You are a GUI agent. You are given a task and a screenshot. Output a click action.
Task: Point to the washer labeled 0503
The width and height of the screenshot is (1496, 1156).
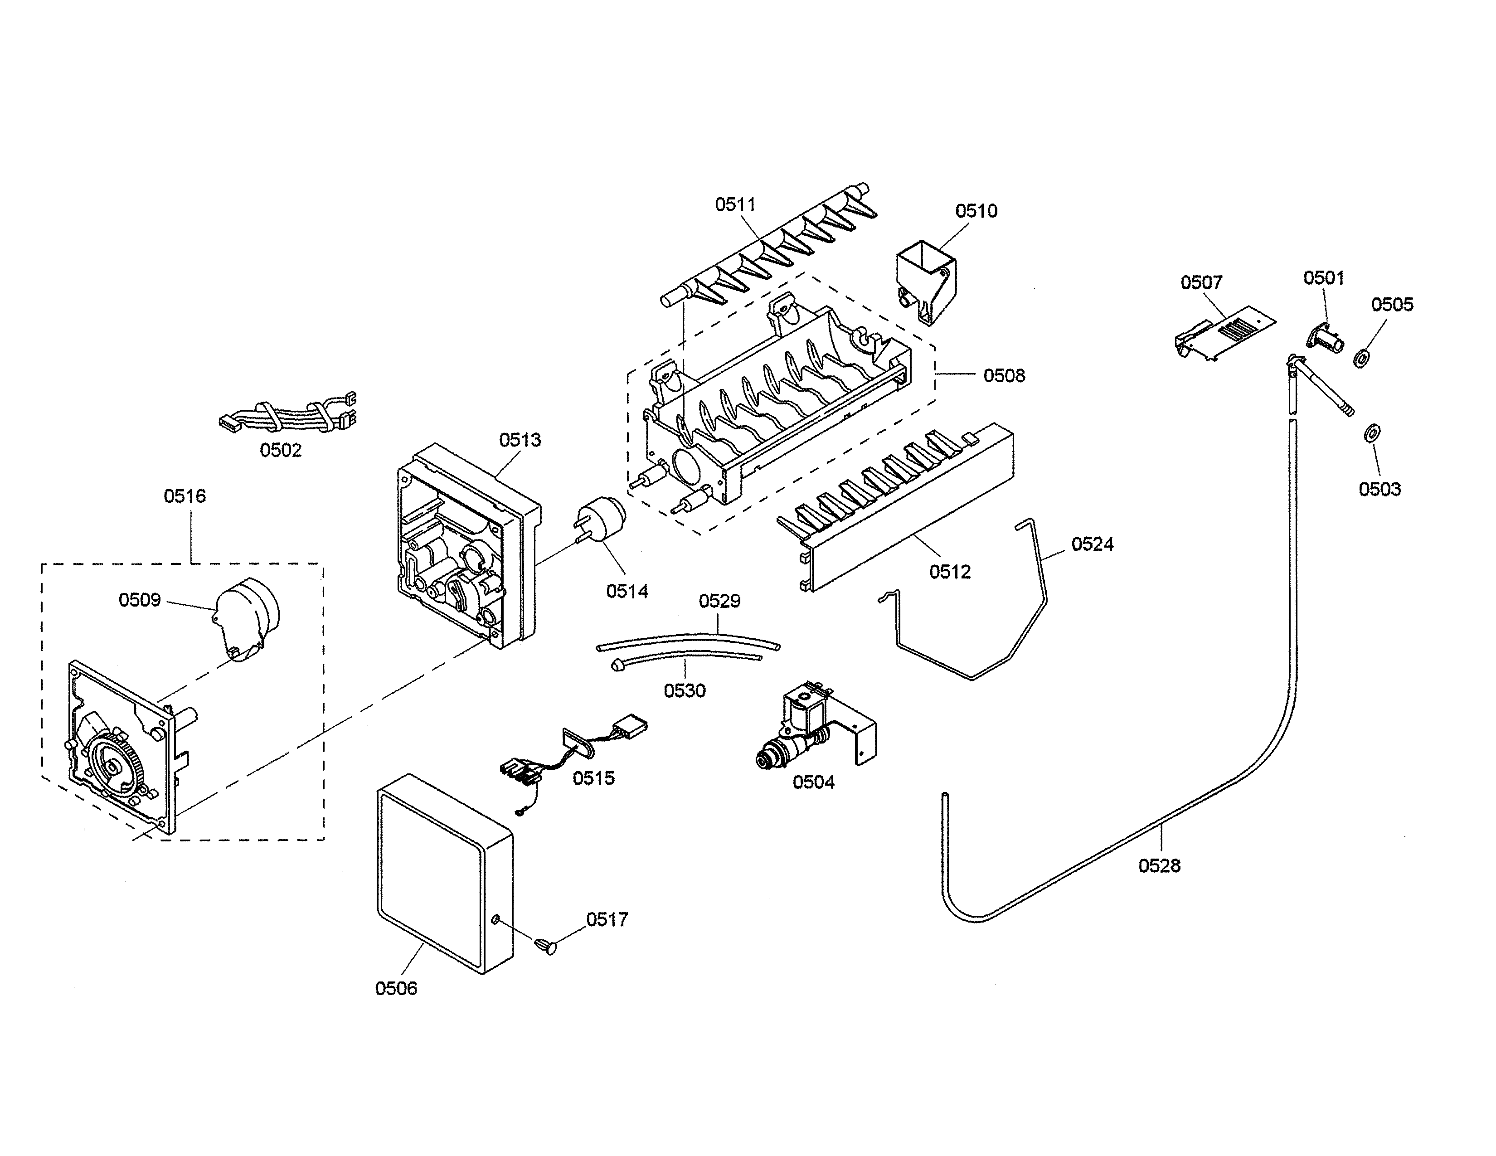point(1372,433)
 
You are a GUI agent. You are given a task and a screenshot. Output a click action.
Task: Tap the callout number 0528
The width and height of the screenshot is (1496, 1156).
point(1159,865)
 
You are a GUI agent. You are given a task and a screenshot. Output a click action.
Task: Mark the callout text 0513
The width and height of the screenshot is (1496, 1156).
point(520,440)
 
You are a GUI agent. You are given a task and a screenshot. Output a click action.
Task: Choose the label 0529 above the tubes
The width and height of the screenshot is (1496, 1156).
point(719,601)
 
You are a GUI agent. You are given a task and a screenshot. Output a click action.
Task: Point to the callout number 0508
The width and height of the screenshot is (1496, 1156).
point(1004,375)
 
